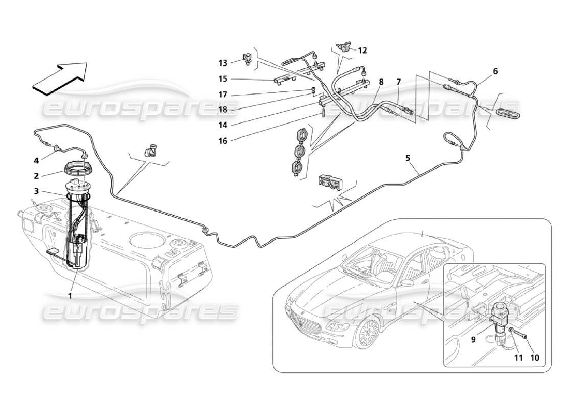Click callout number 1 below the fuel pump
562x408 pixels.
pos(71,295)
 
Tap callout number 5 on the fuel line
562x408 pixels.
pos(408,158)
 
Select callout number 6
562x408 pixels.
pos(495,71)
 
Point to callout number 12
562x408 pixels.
pos(362,50)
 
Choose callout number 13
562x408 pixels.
pos(223,63)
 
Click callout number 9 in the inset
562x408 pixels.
pos(473,338)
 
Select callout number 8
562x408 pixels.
pos(381,81)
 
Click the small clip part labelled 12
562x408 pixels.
pos(344,47)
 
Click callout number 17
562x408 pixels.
pos(223,94)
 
